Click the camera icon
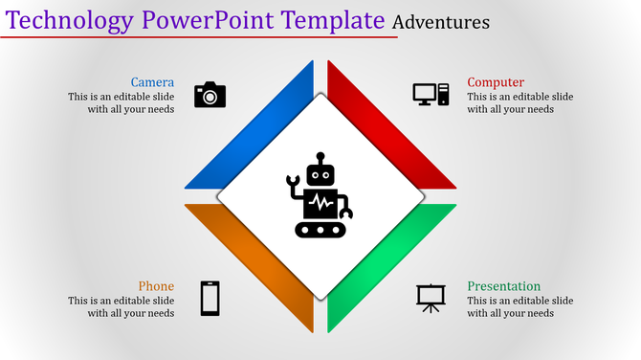(x=210, y=94)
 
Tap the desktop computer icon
(x=431, y=94)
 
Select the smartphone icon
(x=210, y=298)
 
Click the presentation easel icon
(x=431, y=298)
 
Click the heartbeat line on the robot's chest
(x=320, y=204)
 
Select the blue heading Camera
(x=152, y=82)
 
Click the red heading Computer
(x=496, y=82)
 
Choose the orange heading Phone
(x=156, y=286)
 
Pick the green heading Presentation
(x=503, y=286)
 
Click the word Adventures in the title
(x=440, y=21)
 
